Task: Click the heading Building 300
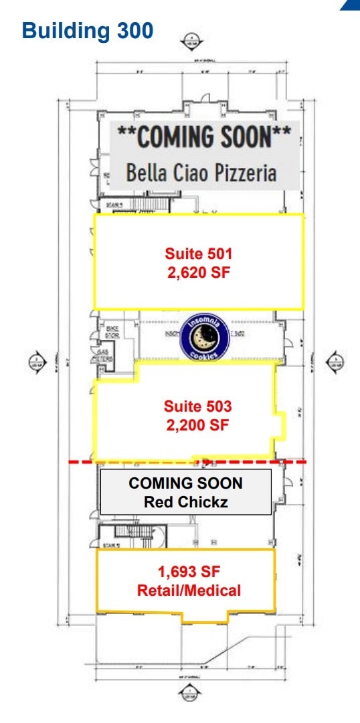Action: [88, 31]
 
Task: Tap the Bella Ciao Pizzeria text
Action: [201, 173]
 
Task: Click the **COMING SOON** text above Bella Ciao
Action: [204, 137]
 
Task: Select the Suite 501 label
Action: [198, 254]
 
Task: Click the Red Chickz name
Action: [185, 501]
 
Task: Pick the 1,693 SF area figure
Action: [189, 572]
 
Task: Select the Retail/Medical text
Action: [189, 590]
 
